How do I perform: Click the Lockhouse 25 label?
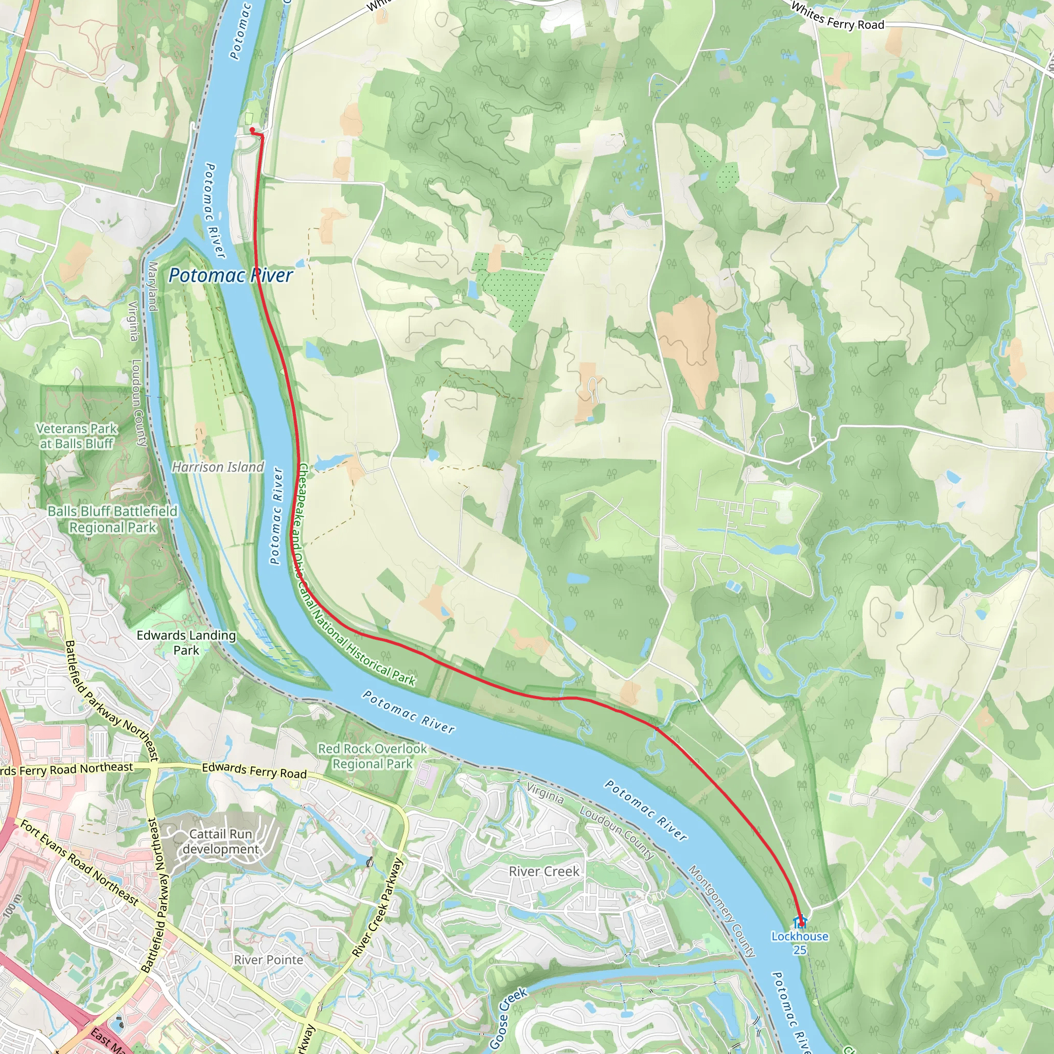tap(800, 943)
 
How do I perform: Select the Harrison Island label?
tap(218, 467)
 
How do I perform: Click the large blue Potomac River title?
tap(230, 275)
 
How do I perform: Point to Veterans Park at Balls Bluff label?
tap(76, 436)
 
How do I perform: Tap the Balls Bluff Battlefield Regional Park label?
tap(112, 519)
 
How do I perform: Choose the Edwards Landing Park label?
tap(186, 642)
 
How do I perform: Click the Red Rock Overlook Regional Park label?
tap(373, 756)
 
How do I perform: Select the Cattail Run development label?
tap(221, 841)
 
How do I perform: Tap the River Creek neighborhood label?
tap(544, 871)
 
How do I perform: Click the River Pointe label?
tap(269, 960)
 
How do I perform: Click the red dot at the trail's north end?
tap(252, 129)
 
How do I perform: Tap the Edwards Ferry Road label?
tap(254, 770)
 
